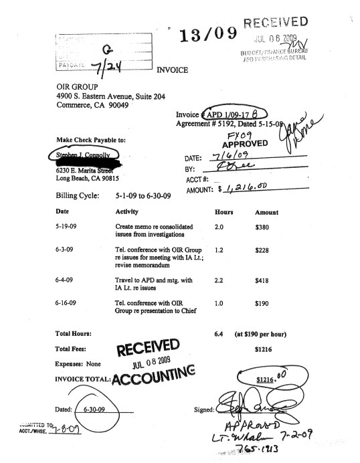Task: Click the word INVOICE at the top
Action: [173, 69]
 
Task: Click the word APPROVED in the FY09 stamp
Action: [246, 144]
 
